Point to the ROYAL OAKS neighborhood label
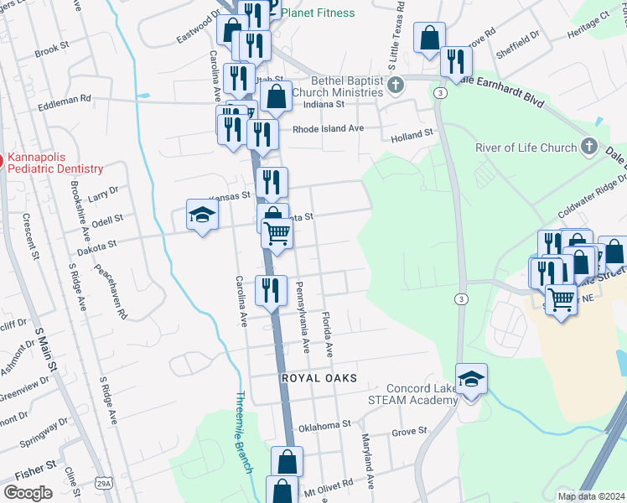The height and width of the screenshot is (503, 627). [x=319, y=379]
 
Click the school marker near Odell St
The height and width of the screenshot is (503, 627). [x=202, y=215]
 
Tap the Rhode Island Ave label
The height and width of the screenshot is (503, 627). [x=328, y=128]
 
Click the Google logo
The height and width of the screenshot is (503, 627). [x=28, y=493]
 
